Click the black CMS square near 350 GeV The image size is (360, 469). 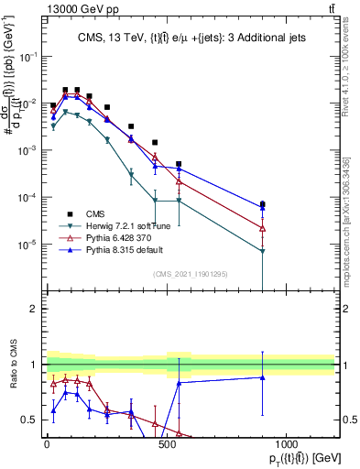[x=131, y=126]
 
